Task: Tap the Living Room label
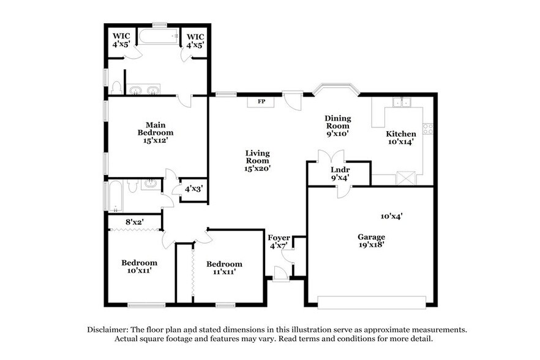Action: [x=258, y=160]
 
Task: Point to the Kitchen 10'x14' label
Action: [x=400, y=138]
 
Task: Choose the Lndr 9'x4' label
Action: [x=340, y=174]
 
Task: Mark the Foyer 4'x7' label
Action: [x=279, y=241]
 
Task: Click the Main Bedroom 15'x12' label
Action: [x=155, y=132]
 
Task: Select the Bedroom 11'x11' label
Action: [x=224, y=268]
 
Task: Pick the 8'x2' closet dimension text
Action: [x=134, y=222]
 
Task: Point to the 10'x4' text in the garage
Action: [x=391, y=216]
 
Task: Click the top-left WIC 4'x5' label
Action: [x=121, y=40]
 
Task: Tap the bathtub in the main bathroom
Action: [x=158, y=37]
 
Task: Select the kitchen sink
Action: [x=401, y=102]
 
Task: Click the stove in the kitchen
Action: [x=428, y=129]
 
